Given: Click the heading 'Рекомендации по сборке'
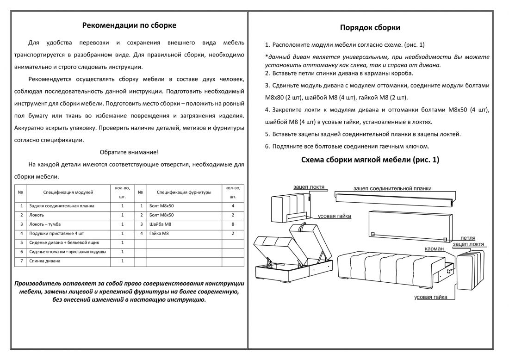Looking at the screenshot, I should pos(129,25).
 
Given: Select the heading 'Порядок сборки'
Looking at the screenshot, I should pos(370,28).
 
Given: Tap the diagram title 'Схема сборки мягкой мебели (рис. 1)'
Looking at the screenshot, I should pos(370,160).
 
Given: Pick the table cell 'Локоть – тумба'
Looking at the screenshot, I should pos(45,224).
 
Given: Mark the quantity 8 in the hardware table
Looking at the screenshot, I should pos(233,224).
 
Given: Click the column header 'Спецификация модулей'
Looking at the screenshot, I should pos(68,192).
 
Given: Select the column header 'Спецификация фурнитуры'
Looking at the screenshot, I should pos(184,192).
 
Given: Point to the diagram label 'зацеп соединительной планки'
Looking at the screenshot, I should pos(392,188).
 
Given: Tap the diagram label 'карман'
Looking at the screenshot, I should pos(435,248).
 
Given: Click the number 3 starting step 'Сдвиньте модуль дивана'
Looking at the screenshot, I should pos(267,86).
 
